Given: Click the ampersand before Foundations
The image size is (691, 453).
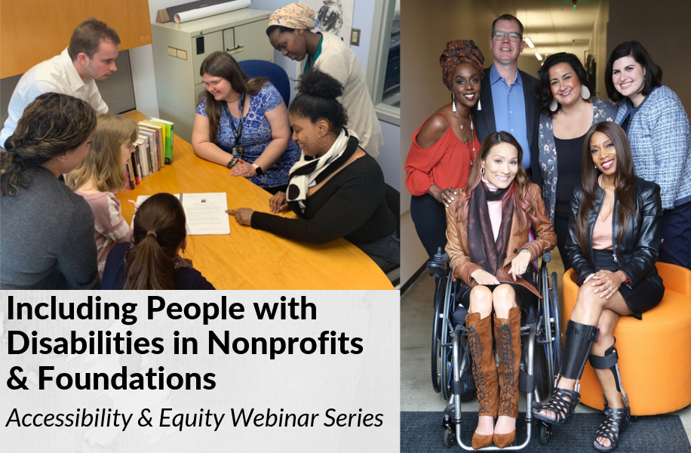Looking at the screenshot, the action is click(17, 378).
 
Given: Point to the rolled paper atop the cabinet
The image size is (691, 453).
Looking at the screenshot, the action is click(211, 11).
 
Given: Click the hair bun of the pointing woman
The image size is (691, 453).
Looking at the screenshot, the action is click(320, 85).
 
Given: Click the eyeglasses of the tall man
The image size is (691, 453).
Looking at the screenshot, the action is click(507, 35).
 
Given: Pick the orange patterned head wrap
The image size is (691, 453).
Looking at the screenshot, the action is click(459, 59).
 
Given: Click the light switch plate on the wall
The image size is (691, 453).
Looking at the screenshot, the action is click(355, 37).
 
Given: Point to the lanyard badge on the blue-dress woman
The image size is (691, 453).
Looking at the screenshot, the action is click(238, 150).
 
